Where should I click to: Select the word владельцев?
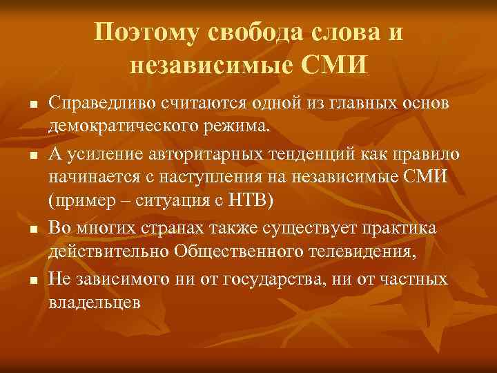click(95, 303)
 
